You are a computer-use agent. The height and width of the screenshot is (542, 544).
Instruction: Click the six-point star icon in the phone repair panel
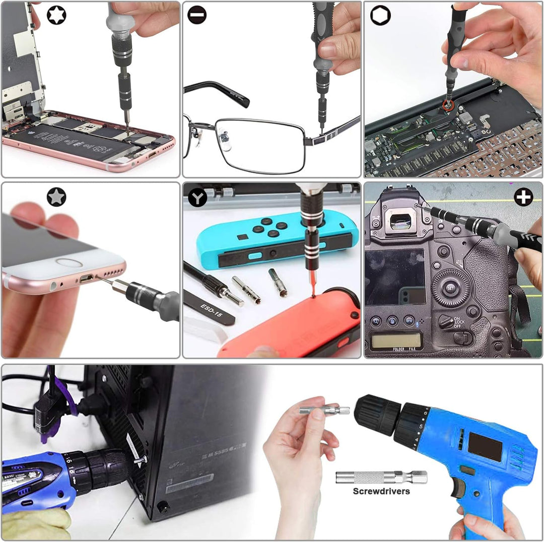point(56,15)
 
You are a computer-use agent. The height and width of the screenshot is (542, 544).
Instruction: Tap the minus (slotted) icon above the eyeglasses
point(197,15)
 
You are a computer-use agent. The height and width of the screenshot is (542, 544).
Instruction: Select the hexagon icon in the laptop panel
point(380,15)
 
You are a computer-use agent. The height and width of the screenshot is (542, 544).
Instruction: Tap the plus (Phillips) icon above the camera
point(523,197)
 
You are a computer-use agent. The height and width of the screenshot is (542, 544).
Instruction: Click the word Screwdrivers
point(381,491)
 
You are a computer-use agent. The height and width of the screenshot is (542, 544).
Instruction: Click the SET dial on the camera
point(451,289)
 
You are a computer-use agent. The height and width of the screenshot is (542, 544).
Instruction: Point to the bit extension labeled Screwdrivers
point(381,477)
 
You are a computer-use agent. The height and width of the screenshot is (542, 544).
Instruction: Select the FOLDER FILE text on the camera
point(400,349)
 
